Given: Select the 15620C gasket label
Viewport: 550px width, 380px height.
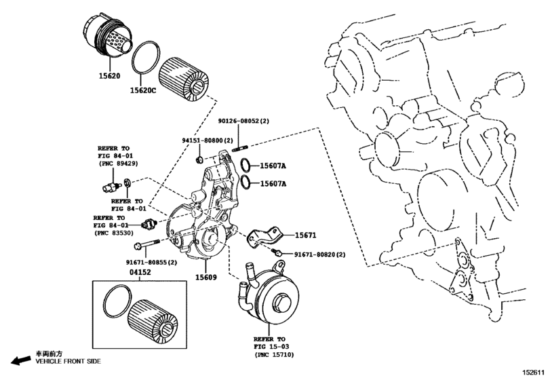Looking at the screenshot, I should click(144, 90).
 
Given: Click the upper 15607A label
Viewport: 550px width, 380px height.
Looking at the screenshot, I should click(274, 165).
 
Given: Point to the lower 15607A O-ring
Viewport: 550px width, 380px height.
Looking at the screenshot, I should click(246, 183).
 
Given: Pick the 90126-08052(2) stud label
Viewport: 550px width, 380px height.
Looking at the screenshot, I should click(243, 121).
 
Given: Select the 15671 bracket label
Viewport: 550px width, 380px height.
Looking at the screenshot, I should click(305, 235).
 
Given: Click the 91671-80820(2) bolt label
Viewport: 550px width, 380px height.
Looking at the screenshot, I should click(319, 254).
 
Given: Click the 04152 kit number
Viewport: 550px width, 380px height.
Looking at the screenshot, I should click(140, 273).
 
